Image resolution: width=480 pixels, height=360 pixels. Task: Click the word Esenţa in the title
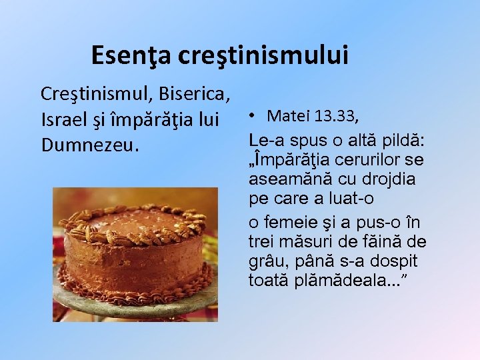coord(131,55)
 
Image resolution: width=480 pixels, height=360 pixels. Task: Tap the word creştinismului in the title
coord(263,55)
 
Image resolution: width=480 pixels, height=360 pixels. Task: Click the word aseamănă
coord(283,179)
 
